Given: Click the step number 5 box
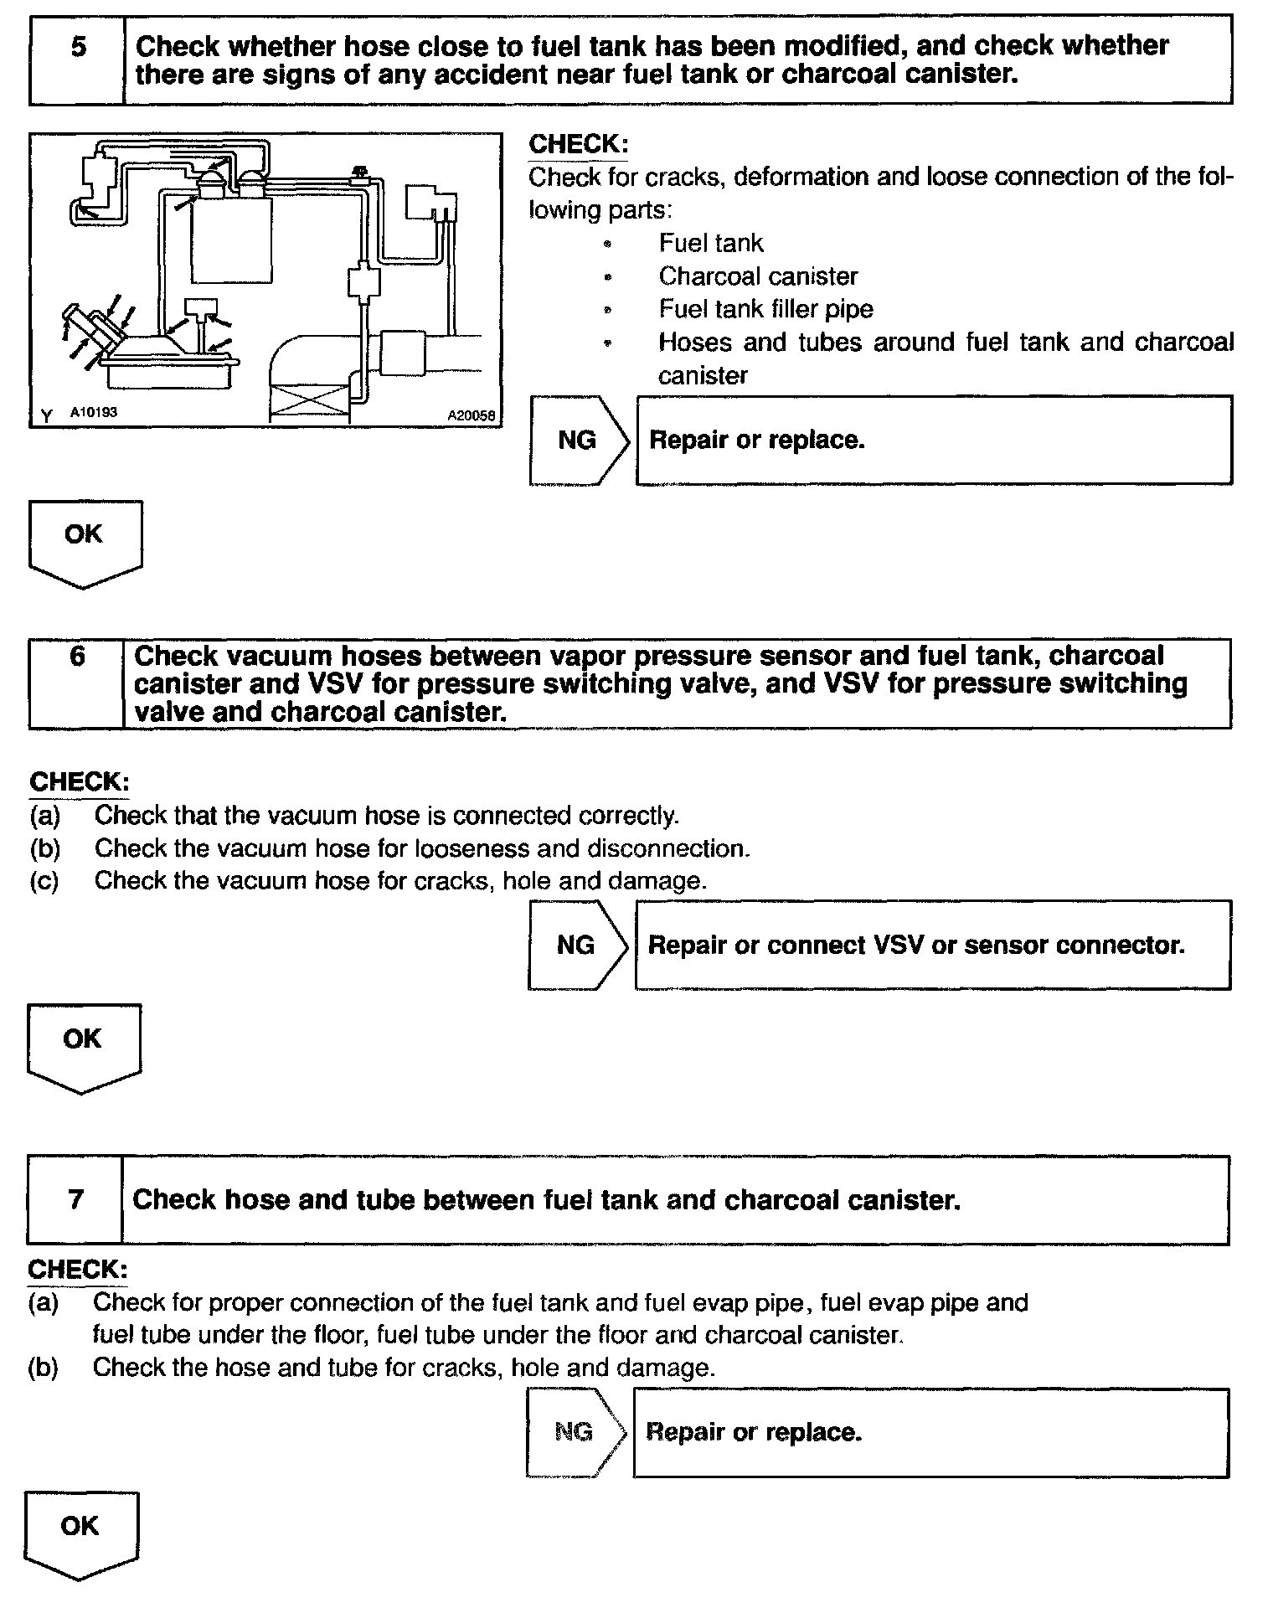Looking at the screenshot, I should point(77,59).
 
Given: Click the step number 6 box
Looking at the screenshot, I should point(76,683).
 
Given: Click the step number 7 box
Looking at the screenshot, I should point(75,1199).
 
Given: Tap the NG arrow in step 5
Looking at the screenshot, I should point(579,441).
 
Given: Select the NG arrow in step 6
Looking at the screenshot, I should point(577,946).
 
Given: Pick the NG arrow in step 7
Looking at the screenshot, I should point(575,1432).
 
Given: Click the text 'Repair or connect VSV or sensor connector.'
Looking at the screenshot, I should point(916,946).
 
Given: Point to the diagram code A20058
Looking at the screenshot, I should point(472,415).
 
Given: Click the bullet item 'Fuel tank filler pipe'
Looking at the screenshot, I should point(765,309).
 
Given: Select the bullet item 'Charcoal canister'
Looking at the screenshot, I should point(758,276).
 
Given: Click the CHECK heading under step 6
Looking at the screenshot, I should point(80,782).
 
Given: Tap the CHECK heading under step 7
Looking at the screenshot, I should point(78,1270).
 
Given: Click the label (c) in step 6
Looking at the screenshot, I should point(44,881).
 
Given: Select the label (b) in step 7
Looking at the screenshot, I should point(43,1368).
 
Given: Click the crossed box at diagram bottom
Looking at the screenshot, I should point(310,400).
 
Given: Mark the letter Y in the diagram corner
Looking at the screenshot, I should point(46,415).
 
